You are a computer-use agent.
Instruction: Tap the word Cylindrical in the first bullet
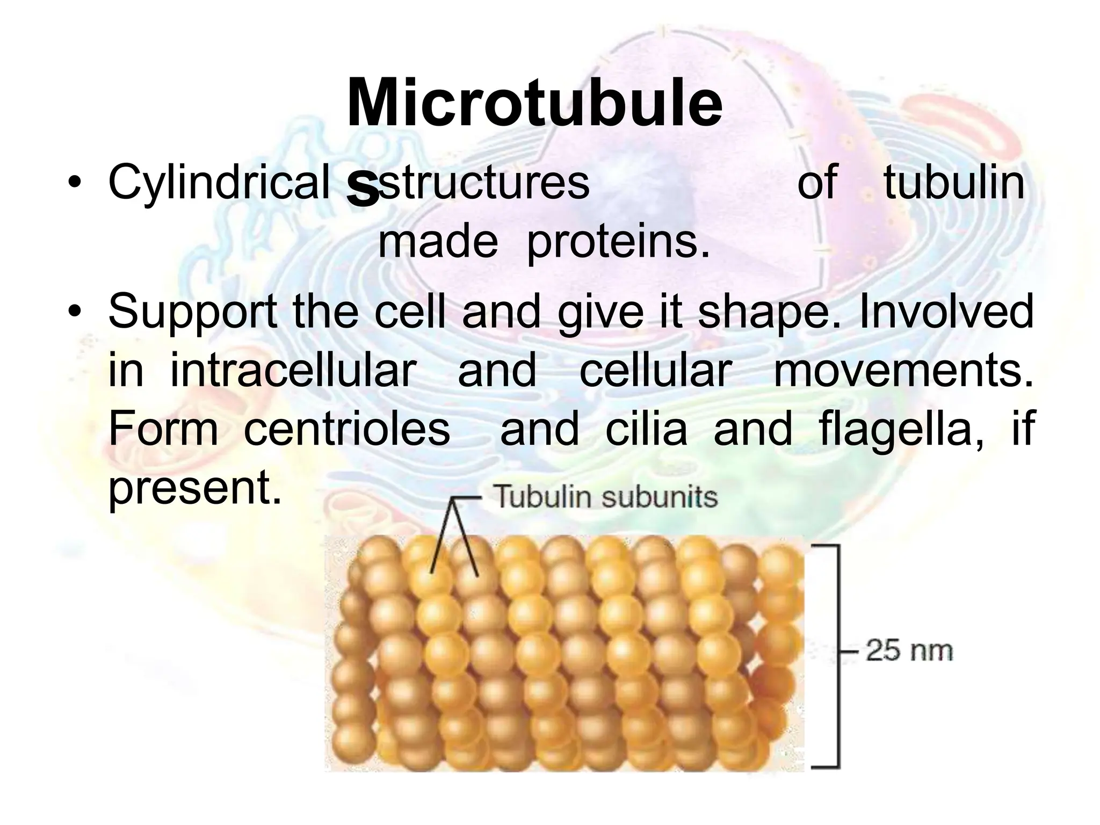(218, 183)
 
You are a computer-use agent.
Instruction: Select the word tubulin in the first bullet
(954, 183)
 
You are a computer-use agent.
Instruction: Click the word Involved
(946, 312)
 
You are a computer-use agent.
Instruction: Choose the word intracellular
(293, 371)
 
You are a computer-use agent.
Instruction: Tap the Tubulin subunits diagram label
(605, 496)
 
